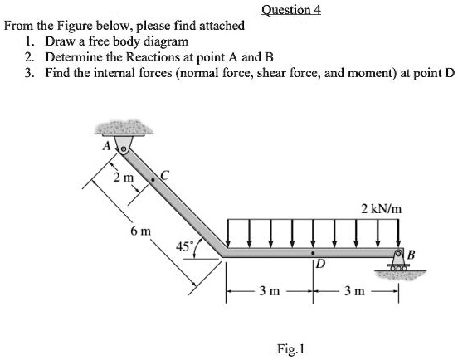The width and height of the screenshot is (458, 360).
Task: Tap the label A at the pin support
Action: tap(106, 146)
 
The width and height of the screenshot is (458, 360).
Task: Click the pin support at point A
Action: tap(124, 147)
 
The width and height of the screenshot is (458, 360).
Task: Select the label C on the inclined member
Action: tap(163, 175)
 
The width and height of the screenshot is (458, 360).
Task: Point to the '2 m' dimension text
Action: tap(123, 177)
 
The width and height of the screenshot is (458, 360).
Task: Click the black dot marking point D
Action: tap(313, 251)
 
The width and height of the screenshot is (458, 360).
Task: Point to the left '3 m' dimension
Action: tap(269, 291)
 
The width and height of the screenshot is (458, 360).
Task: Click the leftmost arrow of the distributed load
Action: tap(227, 233)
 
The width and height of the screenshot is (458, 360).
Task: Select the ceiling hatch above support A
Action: tap(122, 128)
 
